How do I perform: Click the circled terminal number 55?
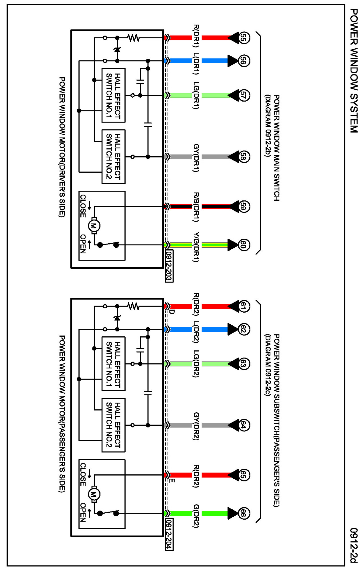coord(243,38)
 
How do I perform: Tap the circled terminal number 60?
coord(243,245)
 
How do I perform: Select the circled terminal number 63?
coord(243,364)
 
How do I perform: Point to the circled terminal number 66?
coord(243,513)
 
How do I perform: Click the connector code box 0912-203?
coord(169,266)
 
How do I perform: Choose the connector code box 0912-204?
coord(169,534)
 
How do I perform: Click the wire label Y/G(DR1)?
coord(196,247)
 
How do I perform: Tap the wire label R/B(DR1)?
coord(196,207)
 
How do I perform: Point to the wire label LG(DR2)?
coord(196,364)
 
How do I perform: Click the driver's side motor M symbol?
coord(94,226)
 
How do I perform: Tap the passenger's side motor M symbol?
coord(94,494)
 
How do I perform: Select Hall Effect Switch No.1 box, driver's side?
coord(113,95)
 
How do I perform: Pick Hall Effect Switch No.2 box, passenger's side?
coord(113,425)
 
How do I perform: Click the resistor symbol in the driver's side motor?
coord(133,38)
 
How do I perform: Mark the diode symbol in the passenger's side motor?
coord(117,318)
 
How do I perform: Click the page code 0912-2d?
coord(354,545)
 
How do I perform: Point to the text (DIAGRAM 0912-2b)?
coord(268,126)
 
